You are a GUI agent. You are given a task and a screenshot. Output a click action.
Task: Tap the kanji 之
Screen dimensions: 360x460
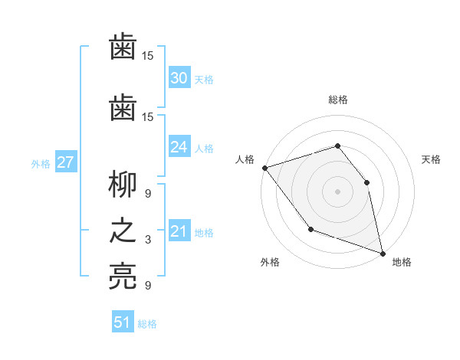(123, 231)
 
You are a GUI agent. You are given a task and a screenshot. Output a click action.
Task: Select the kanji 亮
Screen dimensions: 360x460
(123, 277)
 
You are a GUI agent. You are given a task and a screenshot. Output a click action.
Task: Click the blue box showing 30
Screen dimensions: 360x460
(179, 78)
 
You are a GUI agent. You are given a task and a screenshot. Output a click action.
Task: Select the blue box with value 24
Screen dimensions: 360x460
(179, 147)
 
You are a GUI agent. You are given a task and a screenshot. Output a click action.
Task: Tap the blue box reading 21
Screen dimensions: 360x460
(179, 232)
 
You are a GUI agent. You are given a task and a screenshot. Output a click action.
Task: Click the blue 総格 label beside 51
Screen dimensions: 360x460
(147, 324)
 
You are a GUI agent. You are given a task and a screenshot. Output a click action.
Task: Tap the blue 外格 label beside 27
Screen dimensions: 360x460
(41, 163)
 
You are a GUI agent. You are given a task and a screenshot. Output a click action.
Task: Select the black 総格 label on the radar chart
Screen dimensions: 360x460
(338, 100)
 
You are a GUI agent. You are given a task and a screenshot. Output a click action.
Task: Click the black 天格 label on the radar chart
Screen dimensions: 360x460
(432, 159)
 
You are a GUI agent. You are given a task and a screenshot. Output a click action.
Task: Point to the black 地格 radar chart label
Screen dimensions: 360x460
(402, 262)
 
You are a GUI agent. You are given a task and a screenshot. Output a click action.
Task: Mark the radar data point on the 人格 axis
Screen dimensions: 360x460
(264, 168)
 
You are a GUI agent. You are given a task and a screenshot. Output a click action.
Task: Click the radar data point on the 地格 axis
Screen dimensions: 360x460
(383, 252)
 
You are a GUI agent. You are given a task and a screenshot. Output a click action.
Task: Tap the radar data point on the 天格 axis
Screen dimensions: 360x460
(366, 182)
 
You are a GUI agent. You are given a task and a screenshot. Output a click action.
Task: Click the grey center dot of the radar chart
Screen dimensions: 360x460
(337, 191)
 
